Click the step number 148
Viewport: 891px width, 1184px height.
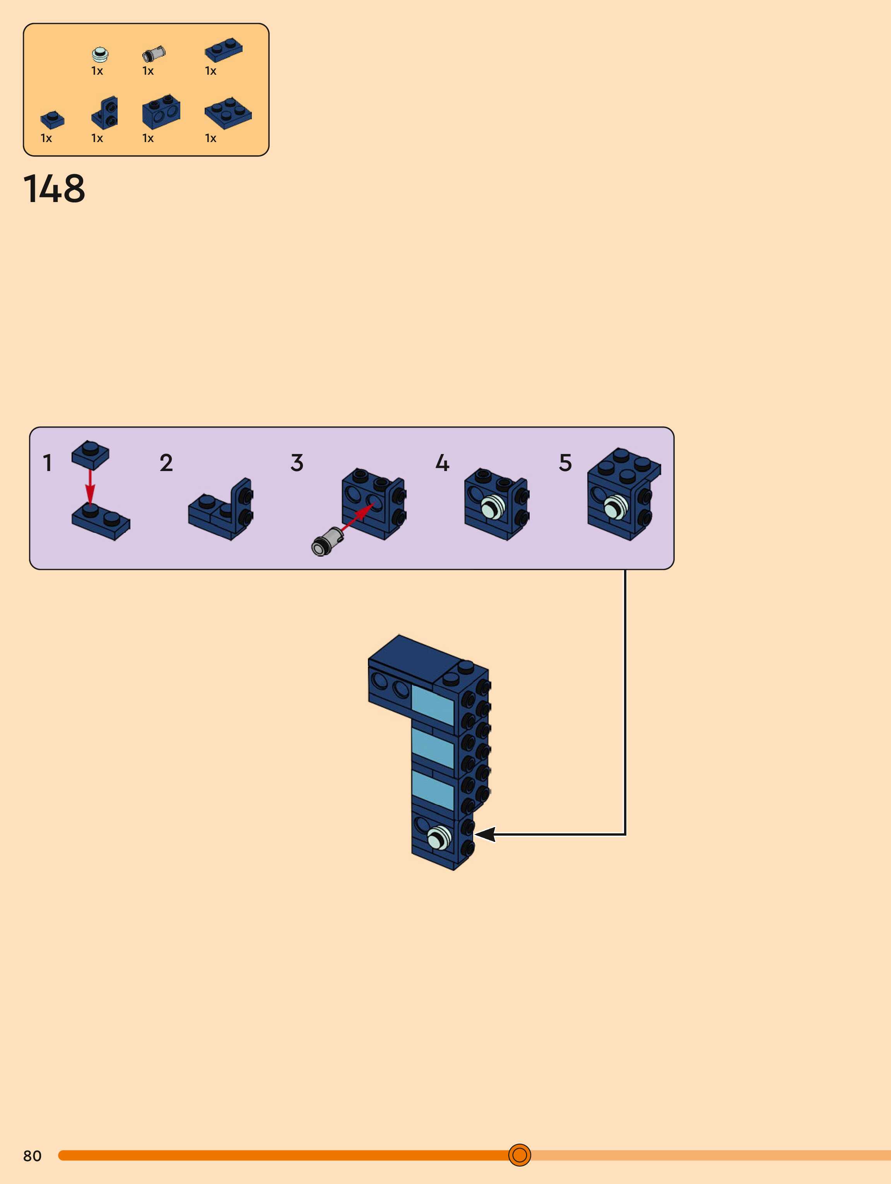[x=54, y=188]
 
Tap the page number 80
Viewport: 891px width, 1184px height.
[x=32, y=1156]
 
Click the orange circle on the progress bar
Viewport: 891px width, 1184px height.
[x=519, y=1155]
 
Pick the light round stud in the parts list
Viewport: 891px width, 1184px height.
[x=99, y=54]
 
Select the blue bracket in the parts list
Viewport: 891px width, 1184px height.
[x=105, y=113]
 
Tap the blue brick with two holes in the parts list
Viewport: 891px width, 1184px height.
[x=161, y=111]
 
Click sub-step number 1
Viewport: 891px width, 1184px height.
[x=48, y=463]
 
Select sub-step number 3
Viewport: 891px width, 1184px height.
[x=297, y=463]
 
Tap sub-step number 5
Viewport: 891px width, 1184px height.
[x=565, y=463]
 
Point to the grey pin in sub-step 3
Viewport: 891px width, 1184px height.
[x=327, y=541]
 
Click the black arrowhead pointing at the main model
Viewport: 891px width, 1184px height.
[x=485, y=834]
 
